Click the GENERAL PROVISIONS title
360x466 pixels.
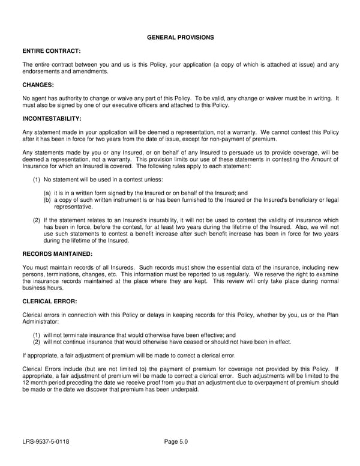click(x=180, y=37)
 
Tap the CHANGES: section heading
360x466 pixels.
click(x=38, y=85)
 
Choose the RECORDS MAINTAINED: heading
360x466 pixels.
click(x=57, y=253)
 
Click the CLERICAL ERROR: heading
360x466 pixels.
click(x=49, y=301)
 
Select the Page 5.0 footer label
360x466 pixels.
click(x=176, y=442)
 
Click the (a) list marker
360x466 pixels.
click(x=47, y=193)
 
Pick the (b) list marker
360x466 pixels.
click(x=47, y=199)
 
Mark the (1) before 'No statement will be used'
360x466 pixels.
click(x=37, y=180)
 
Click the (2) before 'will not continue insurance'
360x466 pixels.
click(x=37, y=342)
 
